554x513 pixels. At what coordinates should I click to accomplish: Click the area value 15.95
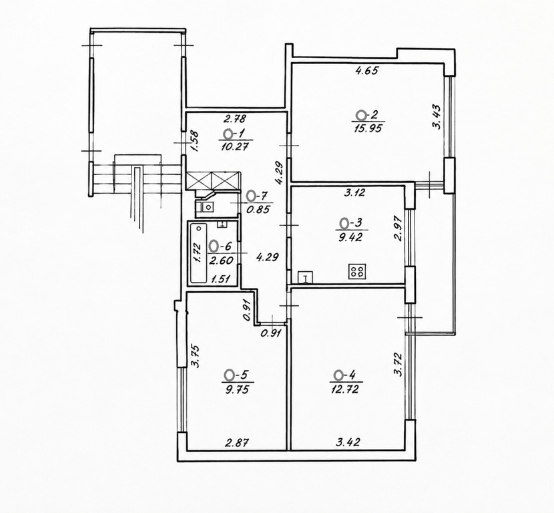(x=368, y=128)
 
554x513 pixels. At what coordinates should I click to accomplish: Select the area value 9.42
(x=350, y=237)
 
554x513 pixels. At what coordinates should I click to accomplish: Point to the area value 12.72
(x=344, y=389)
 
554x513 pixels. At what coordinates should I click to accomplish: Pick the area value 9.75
(x=237, y=389)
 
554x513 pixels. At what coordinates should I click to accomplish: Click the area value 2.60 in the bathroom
(x=221, y=261)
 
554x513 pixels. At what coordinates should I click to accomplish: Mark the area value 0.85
(x=258, y=209)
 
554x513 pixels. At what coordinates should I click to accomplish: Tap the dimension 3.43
(x=437, y=117)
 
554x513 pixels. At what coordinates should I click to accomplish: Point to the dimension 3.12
(x=354, y=192)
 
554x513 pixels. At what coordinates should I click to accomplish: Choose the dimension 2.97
(x=398, y=228)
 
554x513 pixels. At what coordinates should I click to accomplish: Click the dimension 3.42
(x=348, y=442)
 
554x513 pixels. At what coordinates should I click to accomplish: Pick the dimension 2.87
(x=238, y=442)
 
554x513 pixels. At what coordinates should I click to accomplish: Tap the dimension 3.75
(x=196, y=356)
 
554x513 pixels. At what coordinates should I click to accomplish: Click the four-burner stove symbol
(x=357, y=271)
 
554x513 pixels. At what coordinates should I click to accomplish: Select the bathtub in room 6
(x=198, y=252)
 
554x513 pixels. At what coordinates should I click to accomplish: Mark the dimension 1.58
(x=195, y=142)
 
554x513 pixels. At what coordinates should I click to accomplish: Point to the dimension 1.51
(x=220, y=279)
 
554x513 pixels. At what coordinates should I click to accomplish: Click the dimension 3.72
(x=398, y=364)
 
